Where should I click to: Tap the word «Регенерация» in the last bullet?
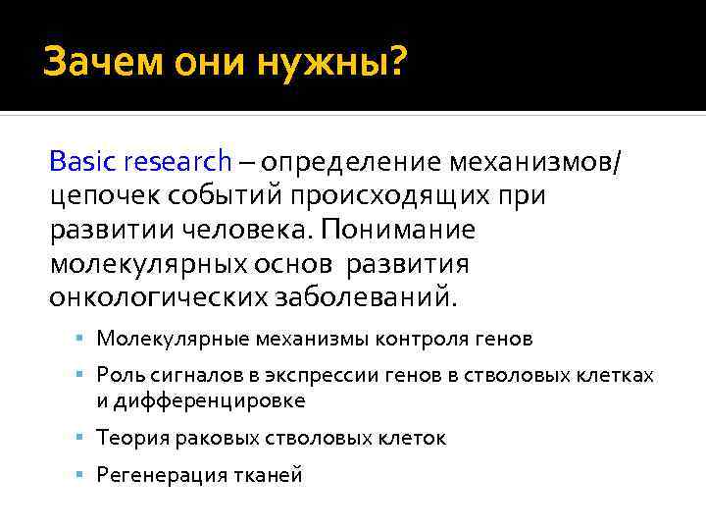click(157, 476)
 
